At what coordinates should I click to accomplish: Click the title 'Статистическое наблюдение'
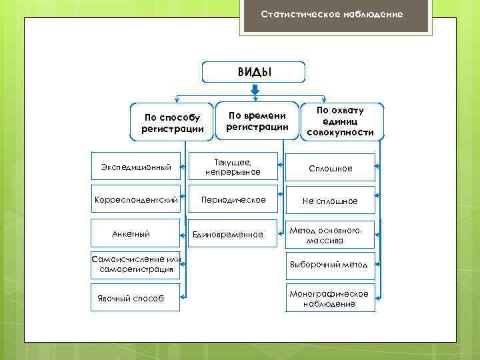click(331, 14)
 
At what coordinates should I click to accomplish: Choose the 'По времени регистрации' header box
click(257, 121)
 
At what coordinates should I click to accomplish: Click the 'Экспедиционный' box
click(136, 167)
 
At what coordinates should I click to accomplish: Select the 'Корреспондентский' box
click(136, 199)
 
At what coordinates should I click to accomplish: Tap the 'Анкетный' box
click(136, 233)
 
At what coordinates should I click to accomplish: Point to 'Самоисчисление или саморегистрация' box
click(136, 264)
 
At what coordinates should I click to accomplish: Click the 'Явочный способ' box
click(136, 298)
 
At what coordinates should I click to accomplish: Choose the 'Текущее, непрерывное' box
click(233, 167)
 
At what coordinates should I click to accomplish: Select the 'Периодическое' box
click(233, 199)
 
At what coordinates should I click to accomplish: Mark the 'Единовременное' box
click(233, 234)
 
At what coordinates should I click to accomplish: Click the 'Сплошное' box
click(330, 169)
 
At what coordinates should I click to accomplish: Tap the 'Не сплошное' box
click(330, 201)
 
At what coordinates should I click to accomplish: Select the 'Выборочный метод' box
click(330, 265)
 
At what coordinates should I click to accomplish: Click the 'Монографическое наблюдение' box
click(330, 299)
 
